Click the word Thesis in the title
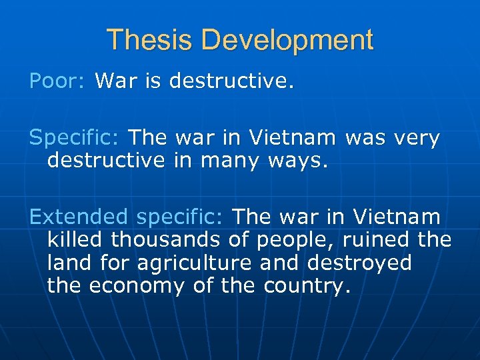pyautogui.click(x=149, y=40)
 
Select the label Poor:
pyautogui.click(x=57, y=81)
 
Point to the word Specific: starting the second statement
pyautogui.click(x=74, y=139)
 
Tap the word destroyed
pyautogui.click(x=359, y=263)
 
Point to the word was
pyautogui.click(x=363, y=139)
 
